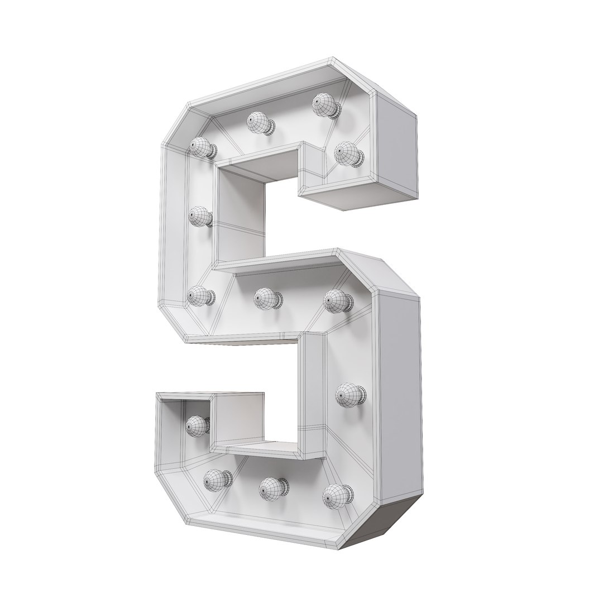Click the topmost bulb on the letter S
[x=324, y=105]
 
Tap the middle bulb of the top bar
[x=259, y=122]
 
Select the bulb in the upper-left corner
[x=200, y=148]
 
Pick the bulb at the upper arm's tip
[x=347, y=153]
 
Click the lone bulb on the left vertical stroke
[x=198, y=217]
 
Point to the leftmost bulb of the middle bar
[x=199, y=296]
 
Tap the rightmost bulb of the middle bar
[x=336, y=301]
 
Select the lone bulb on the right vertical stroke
[x=349, y=395]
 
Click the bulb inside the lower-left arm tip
[x=197, y=426]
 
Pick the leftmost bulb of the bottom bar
[x=216, y=479]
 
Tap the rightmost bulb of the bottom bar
[x=337, y=495]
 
